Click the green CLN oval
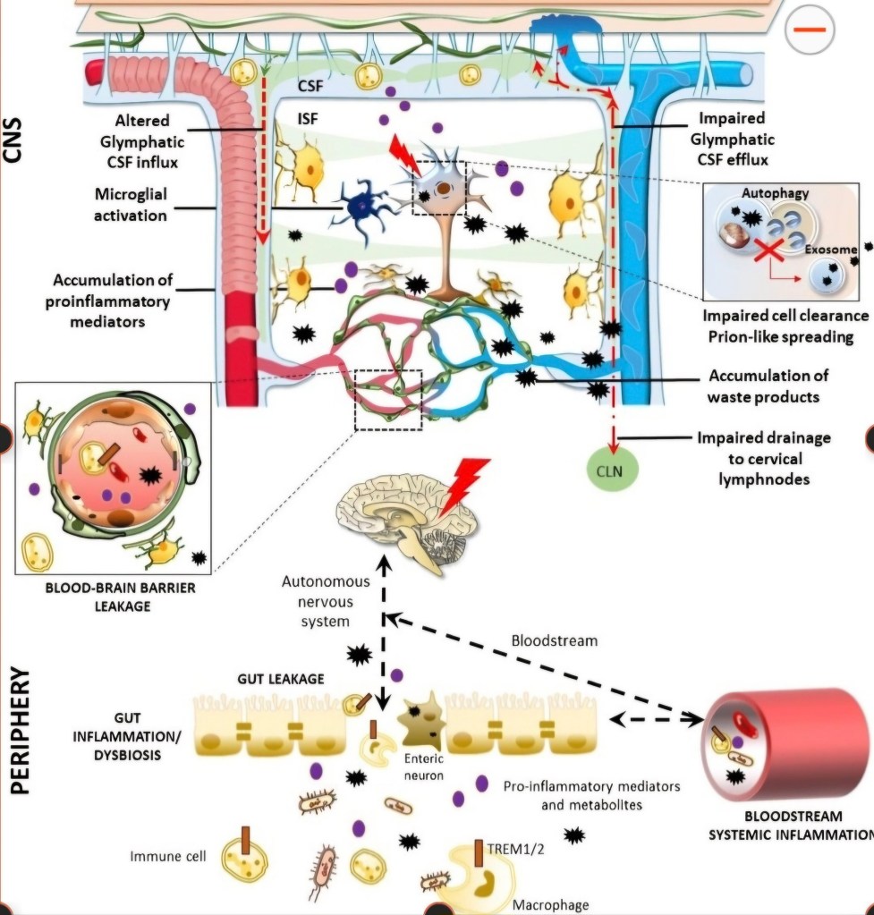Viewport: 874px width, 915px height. (614, 469)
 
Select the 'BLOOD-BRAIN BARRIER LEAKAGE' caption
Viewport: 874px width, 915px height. (107, 597)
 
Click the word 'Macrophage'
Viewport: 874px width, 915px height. (550, 904)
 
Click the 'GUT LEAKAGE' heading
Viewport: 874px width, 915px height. (280, 679)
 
